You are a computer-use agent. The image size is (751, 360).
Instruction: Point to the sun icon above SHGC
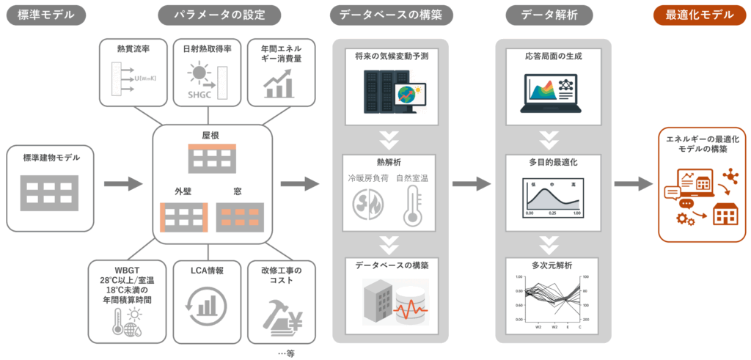click(199, 73)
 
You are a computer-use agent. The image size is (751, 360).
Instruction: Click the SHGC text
click(198, 95)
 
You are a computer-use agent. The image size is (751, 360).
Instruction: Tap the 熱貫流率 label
click(132, 49)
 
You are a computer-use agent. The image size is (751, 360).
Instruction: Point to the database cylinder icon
click(411, 302)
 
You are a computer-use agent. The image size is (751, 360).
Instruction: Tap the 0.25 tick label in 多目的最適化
click(552, 213)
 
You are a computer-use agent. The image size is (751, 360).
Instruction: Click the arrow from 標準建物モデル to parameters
click(124, 184)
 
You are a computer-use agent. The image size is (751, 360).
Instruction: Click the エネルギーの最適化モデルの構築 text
click(702, 144)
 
